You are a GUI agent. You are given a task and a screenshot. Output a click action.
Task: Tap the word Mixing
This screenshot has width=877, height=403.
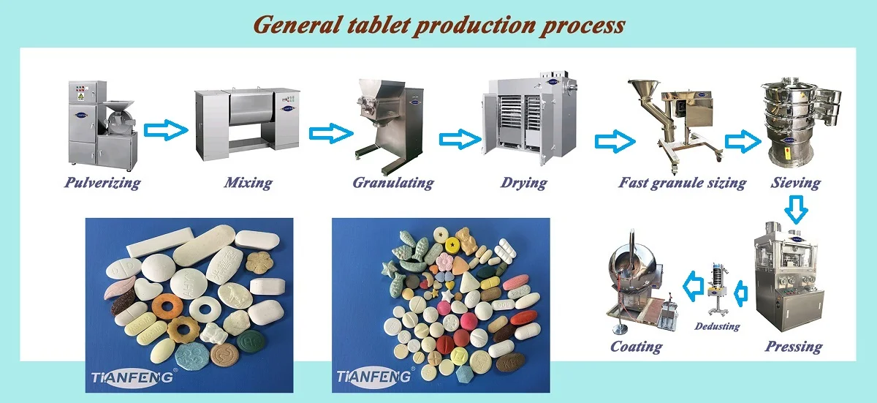point(248,183)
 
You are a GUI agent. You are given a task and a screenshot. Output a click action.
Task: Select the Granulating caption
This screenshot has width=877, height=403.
point(393,183)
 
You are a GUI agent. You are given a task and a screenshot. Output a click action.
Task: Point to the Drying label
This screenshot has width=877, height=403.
point(523,183)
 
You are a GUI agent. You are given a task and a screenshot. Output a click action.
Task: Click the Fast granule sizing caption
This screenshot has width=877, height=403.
point(682,183)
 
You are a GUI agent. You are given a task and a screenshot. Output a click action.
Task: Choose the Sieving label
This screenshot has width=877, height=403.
point(796,183)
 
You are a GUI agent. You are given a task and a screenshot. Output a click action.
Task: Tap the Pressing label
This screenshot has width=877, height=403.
point(794,347)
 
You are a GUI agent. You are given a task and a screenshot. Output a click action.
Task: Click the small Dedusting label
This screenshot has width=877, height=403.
point(717,326)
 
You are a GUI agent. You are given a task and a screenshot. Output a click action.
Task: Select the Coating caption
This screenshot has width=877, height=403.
point(636,346)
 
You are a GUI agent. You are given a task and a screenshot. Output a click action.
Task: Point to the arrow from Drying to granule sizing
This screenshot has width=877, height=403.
point(615,141)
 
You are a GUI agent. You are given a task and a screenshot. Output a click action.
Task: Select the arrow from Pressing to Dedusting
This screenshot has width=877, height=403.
point(740,294)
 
